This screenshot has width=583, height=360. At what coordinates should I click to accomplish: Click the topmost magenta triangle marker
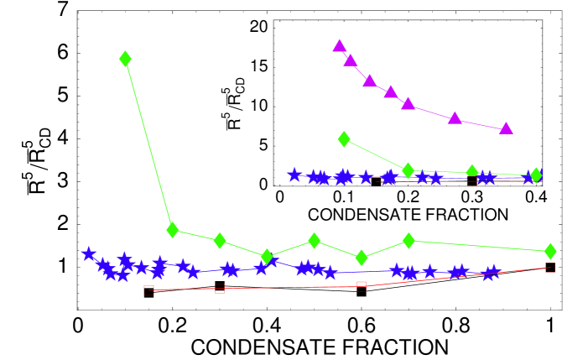tap(339, 45)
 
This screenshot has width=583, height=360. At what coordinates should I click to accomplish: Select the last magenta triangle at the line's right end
tap(506, 128)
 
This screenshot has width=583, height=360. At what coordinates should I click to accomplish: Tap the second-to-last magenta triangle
tap(455, 117)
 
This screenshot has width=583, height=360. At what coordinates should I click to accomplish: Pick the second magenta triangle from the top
tap(351, 60)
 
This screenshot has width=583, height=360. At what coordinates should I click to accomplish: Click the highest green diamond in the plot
tap(125, 59)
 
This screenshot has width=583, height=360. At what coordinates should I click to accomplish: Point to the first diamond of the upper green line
tap(344, 138)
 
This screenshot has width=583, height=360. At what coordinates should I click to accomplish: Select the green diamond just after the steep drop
tap(173, 229)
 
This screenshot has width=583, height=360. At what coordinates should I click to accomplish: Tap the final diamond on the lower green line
tap(550, 251)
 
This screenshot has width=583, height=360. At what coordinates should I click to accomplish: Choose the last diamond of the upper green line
tap(535, 175)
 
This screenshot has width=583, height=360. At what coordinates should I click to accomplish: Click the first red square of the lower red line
tap(148, 290)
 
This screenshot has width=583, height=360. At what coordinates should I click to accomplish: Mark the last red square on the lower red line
tap(550, 268)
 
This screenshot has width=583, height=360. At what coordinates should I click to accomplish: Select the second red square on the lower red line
tap(220, 288)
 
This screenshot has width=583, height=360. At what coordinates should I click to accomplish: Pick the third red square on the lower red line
tap(362, 286)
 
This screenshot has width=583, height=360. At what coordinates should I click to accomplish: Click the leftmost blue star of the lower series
tap(89, 253)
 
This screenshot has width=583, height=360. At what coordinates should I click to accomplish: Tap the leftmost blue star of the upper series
tap(294, 175)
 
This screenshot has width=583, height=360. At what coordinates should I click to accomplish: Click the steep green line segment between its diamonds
tap(148, 143)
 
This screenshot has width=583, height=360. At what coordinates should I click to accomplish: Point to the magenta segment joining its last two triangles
tap(480, 123)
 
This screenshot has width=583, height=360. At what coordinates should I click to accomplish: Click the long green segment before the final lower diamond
tap(479, 246)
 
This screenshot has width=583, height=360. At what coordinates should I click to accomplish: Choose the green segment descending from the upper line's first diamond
tap(376, 154)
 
